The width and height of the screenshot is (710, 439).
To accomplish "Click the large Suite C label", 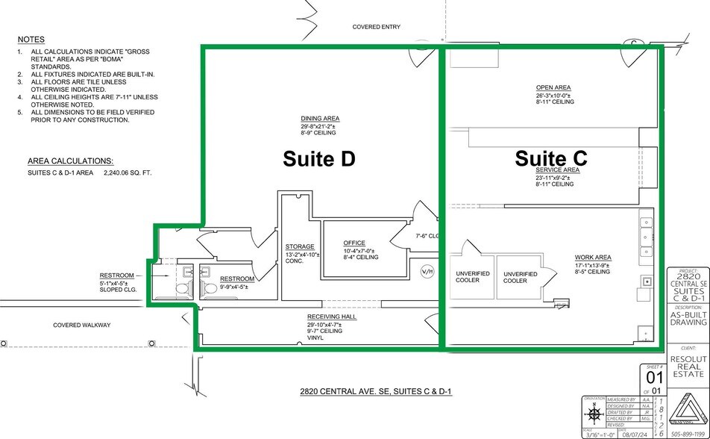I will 551,158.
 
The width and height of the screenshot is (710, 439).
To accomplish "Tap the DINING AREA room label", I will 320,119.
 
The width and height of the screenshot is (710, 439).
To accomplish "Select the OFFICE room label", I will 354,243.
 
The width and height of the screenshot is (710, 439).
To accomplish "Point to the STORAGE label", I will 299,246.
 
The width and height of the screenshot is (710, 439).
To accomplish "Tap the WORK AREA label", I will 593,257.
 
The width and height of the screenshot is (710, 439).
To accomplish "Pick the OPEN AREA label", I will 553,87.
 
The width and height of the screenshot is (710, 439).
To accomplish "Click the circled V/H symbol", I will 427,270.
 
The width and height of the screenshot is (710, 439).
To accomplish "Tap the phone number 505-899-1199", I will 688,433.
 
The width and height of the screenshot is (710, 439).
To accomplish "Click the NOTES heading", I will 31,40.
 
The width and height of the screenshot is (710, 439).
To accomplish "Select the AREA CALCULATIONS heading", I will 70,161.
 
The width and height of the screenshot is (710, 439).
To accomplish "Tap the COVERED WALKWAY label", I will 81,325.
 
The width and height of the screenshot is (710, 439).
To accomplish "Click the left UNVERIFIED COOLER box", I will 472,277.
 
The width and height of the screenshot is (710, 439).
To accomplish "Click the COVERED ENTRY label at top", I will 376,27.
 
